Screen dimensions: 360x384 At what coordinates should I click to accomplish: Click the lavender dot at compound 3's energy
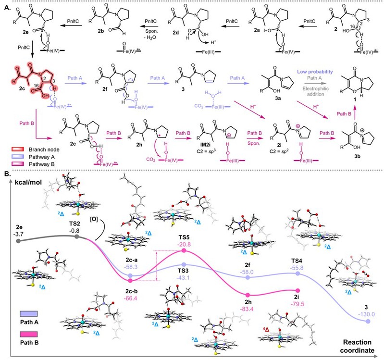[x=368, y=321]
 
